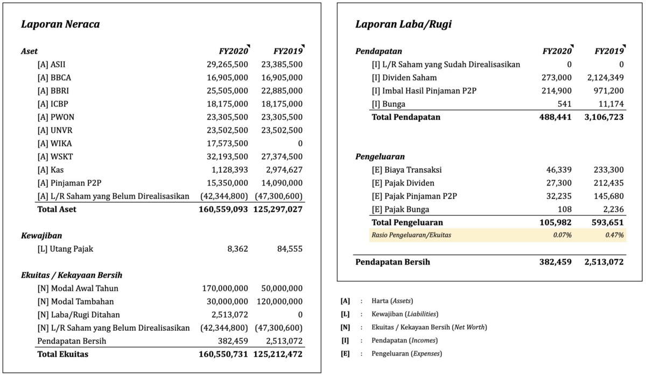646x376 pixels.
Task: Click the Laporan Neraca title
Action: click(60, 24)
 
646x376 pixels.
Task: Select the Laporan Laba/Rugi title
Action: click(403, 24)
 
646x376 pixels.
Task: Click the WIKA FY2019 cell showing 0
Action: click(300, 143)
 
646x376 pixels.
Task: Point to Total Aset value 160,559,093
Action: click(223, 209)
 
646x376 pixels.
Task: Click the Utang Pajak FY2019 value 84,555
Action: click(289, 249)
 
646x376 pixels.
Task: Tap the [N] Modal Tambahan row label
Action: click(75, 301)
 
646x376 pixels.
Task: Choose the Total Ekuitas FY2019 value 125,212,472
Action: click(278, 354)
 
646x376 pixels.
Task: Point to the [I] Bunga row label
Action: click(388, 104)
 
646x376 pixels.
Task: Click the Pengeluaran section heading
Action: click(380, 157)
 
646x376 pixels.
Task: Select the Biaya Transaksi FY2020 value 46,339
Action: click(559, 170)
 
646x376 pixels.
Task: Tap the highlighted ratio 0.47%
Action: click(614, 235)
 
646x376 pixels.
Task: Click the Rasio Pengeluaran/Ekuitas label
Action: click(410, 235)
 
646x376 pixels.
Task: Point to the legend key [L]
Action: click(345, 314)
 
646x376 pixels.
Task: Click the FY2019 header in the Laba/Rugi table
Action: click(608, 52)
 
